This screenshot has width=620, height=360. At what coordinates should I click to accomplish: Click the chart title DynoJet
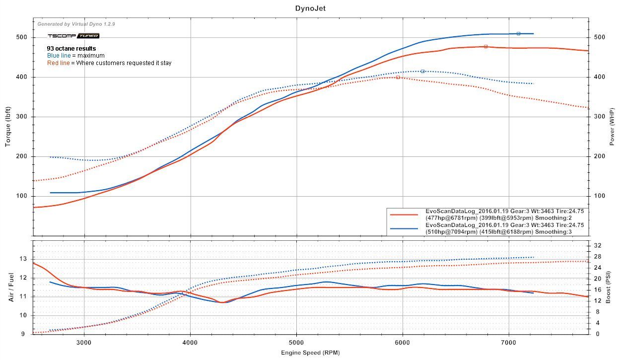click(x=310, y=8)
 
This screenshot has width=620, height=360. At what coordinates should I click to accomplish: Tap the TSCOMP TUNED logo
click(x=73, y=36)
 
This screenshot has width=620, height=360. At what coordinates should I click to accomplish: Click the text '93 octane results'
click(x=71, y=49)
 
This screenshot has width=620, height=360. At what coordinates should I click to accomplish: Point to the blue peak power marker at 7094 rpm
click(x=518, y=33)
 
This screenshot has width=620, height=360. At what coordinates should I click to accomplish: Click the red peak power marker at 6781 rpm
click(x=485, y=46)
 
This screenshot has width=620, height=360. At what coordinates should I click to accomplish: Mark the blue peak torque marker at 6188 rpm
click(x=422, y=71)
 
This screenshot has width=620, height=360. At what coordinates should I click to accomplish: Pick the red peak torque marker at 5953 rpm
click(x=398, y=77)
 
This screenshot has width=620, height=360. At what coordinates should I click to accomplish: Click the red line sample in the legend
click(x=404, y=215)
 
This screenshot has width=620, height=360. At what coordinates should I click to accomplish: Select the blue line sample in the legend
click(x=404, y=228)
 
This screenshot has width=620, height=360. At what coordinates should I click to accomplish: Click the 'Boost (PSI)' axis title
click(x=614, y=287)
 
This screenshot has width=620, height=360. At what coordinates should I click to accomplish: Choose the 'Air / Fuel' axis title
click(x=11, y=287)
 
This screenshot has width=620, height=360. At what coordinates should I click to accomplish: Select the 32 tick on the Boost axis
click(x=598, y=245)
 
